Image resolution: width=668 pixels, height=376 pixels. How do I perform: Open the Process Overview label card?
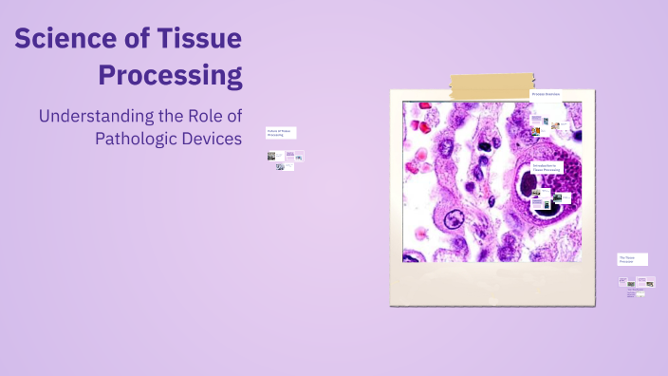click(546, 94)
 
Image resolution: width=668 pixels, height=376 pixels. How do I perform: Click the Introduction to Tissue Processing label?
click(547, 167)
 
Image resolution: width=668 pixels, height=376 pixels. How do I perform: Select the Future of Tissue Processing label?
click(281, 133)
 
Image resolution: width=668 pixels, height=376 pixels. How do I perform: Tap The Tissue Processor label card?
click(632, 258)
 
